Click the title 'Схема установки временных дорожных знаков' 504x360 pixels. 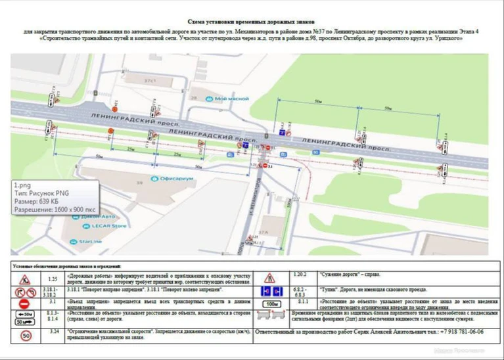point(252,21)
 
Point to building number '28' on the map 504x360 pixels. point(193,97)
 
